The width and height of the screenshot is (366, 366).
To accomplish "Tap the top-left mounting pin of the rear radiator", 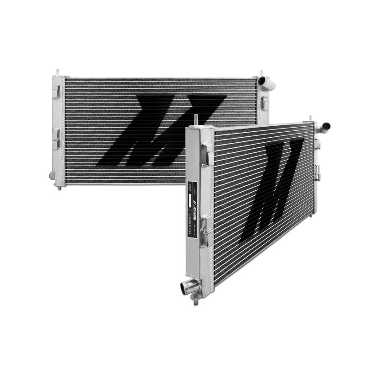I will tap(58, 73).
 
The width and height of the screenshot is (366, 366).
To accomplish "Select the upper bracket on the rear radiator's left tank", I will tap(55, 91).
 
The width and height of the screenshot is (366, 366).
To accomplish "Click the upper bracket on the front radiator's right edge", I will tap(317, 145).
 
